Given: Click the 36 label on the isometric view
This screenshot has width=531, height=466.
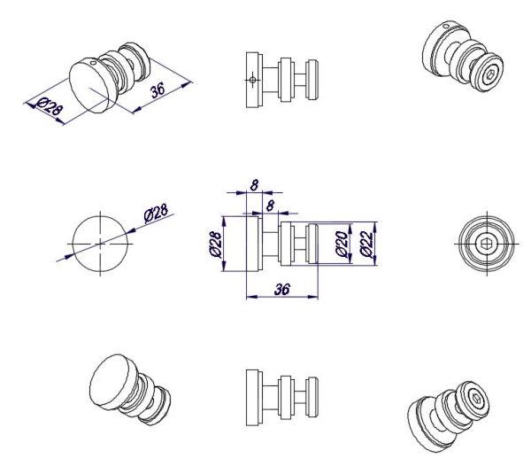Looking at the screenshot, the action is (158, 89).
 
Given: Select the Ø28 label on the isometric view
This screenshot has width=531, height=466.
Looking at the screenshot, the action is (50, 106).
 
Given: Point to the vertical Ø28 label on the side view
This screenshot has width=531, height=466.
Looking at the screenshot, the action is (216, 244).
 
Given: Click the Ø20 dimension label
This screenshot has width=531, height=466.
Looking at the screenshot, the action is (341, 244).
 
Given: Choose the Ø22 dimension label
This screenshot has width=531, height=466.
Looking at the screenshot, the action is (366, 244).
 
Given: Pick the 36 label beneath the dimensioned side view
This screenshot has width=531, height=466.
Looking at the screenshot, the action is (282, 290).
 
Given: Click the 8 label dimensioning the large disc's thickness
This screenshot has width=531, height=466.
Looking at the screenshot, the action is (254, 185).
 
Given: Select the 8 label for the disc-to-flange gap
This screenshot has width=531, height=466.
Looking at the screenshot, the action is (270, 206).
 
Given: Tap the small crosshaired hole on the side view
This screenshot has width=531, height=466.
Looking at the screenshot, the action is (252, 80).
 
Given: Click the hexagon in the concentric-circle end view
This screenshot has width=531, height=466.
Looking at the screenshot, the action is (487, 244).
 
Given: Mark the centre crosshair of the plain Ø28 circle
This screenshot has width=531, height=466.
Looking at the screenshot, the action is (100, 244).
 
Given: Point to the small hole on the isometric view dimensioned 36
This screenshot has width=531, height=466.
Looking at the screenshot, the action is (94, 63).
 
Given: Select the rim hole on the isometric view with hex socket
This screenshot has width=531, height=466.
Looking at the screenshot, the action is (447, 26).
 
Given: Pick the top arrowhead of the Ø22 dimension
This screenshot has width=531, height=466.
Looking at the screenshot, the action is (375, 226).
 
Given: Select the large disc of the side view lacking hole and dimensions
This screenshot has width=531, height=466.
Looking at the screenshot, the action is (254, 397).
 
